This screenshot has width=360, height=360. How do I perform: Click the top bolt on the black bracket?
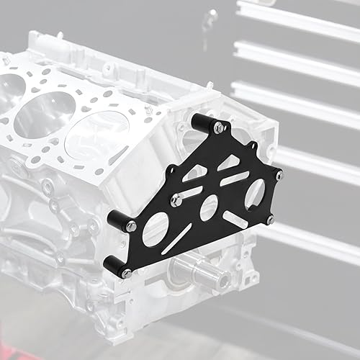click(218, 128)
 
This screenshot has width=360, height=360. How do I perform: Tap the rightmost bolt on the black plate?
click(279, 174)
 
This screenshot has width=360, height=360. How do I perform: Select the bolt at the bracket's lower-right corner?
click(270, 220)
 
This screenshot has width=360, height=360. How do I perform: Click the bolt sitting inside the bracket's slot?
click(176, 201)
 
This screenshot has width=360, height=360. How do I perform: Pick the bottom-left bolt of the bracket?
click(126, 273)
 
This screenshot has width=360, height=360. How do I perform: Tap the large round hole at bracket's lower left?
click(156, 234)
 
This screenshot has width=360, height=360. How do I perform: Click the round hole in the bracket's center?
click(208, 208)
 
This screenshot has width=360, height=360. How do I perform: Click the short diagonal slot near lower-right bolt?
click(238, 219)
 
